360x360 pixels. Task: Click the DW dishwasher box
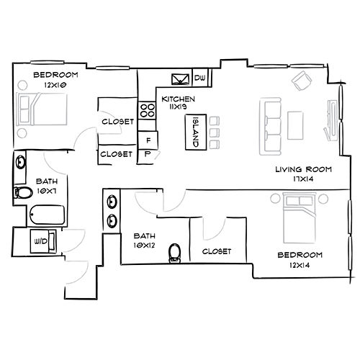pyautogui.click(x=201, y=78)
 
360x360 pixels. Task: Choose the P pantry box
pyautogui.click(x=148, y=153)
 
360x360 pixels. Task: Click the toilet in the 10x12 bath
pyautogui.click(x=174, y=253)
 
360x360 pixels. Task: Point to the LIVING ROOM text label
pyautogui.click(x=303, y=169)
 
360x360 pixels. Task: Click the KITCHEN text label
pyautogui.click(x=178, y=99)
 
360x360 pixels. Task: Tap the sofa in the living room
pyautogui.click(x=272, y=127)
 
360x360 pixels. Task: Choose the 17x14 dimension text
pyautogui.click(x=303, y=179)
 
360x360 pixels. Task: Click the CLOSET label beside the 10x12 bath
pyautogui.click(x=216, y=251)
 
